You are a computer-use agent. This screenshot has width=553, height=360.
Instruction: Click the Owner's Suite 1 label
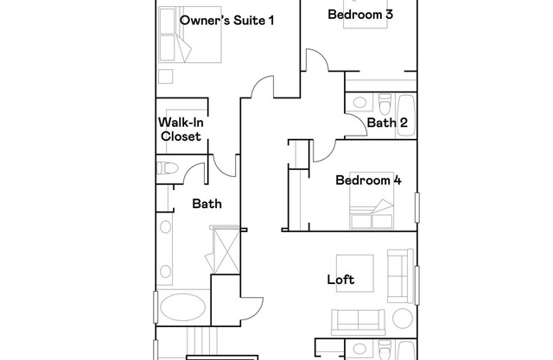click(226, 20)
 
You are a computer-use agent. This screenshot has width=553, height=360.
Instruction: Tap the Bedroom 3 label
click(360, 15)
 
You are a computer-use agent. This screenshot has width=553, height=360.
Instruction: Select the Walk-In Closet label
click(181, 129)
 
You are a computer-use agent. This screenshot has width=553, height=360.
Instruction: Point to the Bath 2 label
click(387, 123)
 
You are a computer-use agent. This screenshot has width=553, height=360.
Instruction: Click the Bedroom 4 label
click(368, 180)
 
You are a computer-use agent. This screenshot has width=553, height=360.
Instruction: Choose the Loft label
click(340, 280)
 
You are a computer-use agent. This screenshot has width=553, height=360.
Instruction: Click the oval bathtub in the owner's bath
click(182, 307)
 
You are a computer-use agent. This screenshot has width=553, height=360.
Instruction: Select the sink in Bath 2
click(359, 103)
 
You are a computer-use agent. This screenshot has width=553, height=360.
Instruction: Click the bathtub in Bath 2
click(406, 115)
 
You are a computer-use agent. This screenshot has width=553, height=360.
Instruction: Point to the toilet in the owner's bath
click(168, 168)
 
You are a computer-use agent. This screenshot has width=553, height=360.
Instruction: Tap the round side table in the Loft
click(403, 318)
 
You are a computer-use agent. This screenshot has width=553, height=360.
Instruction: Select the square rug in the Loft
click(355, 274)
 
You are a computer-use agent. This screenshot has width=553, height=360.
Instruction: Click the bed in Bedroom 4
click(372, 200)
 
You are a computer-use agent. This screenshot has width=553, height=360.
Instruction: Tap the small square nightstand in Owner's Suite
click(165, 76)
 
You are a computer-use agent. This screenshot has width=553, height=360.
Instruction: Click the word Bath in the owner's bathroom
click(207, 204)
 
